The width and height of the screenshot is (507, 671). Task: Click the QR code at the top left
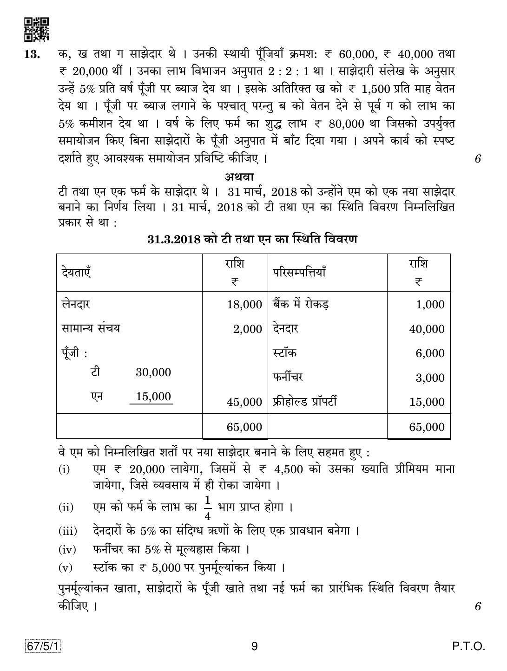[x=36, y=29]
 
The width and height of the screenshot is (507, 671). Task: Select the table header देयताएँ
[x=76, y=272]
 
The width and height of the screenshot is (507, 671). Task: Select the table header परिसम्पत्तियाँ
[x=299, y=272]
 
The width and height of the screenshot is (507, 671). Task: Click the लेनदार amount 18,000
[x=244, y=305]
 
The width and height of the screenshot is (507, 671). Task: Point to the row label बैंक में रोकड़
[x=301, y=304]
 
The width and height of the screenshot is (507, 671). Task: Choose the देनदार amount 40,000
[x=427, y=329]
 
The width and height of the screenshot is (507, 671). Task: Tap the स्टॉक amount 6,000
[x=430, y=353]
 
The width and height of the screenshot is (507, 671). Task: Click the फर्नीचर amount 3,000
[x=430, y=378]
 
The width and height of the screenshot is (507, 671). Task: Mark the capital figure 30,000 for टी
[x=153, y=372]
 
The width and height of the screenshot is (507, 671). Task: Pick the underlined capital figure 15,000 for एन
[x=153, y=397]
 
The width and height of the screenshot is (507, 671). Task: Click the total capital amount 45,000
[x=244, y=402]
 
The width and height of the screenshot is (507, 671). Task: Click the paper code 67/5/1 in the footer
[x=43, y=646]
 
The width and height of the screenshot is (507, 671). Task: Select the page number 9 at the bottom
[x=254, y=646]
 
